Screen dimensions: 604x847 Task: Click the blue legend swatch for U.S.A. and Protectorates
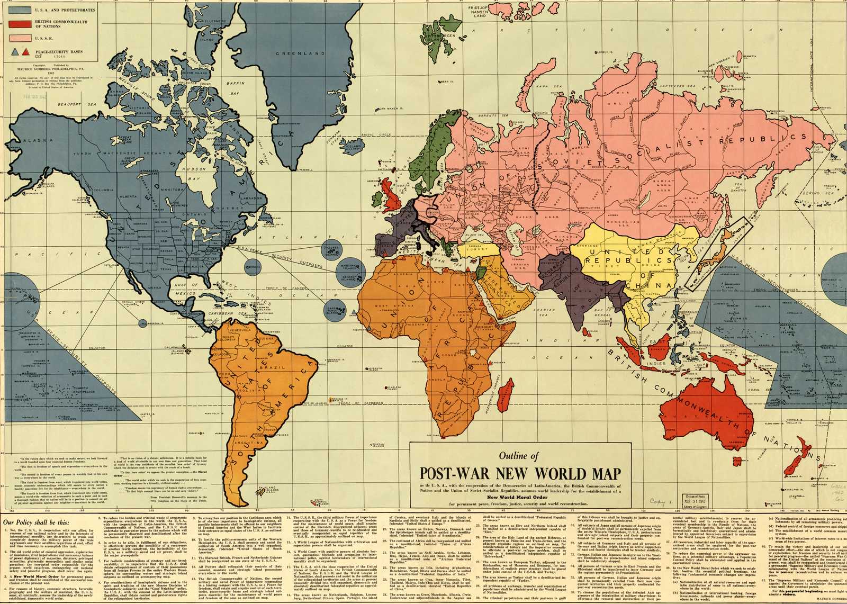click(20, 10)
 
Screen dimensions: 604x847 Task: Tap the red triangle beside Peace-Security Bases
click(25, 51)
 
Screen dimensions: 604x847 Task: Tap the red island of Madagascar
click(509, 393)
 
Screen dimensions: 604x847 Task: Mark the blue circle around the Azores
click(332, 249)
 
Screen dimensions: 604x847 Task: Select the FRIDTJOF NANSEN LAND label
click(479, 12)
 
